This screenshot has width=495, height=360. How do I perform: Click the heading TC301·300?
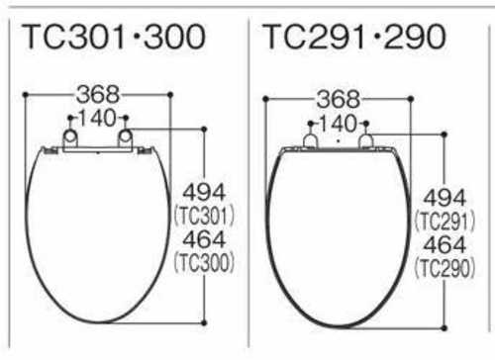(114, 37)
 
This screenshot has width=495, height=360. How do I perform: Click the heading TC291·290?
(354, 37)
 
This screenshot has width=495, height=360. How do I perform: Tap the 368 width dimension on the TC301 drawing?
(98, 94)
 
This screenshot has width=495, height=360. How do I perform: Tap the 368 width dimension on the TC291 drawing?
(339, 99)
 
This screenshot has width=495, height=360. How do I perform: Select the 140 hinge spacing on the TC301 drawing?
(97, 118)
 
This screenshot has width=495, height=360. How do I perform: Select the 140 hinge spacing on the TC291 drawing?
(339, 124)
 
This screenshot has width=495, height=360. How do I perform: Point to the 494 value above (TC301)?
(204, 193)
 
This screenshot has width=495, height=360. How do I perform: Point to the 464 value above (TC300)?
(204, 239)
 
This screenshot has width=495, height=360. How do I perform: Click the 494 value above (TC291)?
(445, 198)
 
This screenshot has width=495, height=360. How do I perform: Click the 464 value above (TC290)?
(445, 245)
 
